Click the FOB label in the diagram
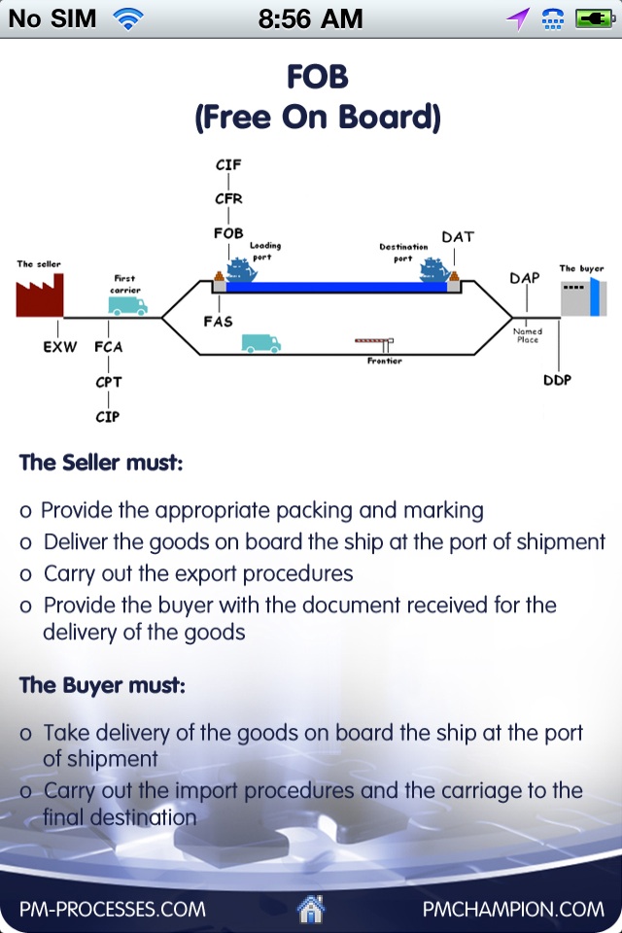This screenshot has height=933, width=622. click(228, 233)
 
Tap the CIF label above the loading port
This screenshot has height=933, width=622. click(228, 164)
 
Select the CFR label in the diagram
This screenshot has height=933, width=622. click(228, 198)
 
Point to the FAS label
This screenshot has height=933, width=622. click(219, 321)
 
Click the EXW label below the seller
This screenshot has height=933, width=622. click(60, 346)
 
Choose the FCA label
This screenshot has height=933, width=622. click(108, 346)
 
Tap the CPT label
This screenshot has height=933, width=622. click(108, 382)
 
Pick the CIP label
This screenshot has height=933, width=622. click(108, 417)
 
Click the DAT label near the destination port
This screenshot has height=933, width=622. click(458, 237)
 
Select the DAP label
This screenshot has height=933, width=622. click(524, 278)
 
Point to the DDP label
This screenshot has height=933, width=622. click(556, 380)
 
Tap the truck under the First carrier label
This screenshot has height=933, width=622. click(127, 305)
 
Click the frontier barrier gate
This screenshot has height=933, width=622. click(375, 341)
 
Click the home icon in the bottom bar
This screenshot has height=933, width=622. click(311, 910)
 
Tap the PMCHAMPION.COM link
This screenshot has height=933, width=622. click(513, 910)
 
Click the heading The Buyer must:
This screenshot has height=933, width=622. click(102, 685)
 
